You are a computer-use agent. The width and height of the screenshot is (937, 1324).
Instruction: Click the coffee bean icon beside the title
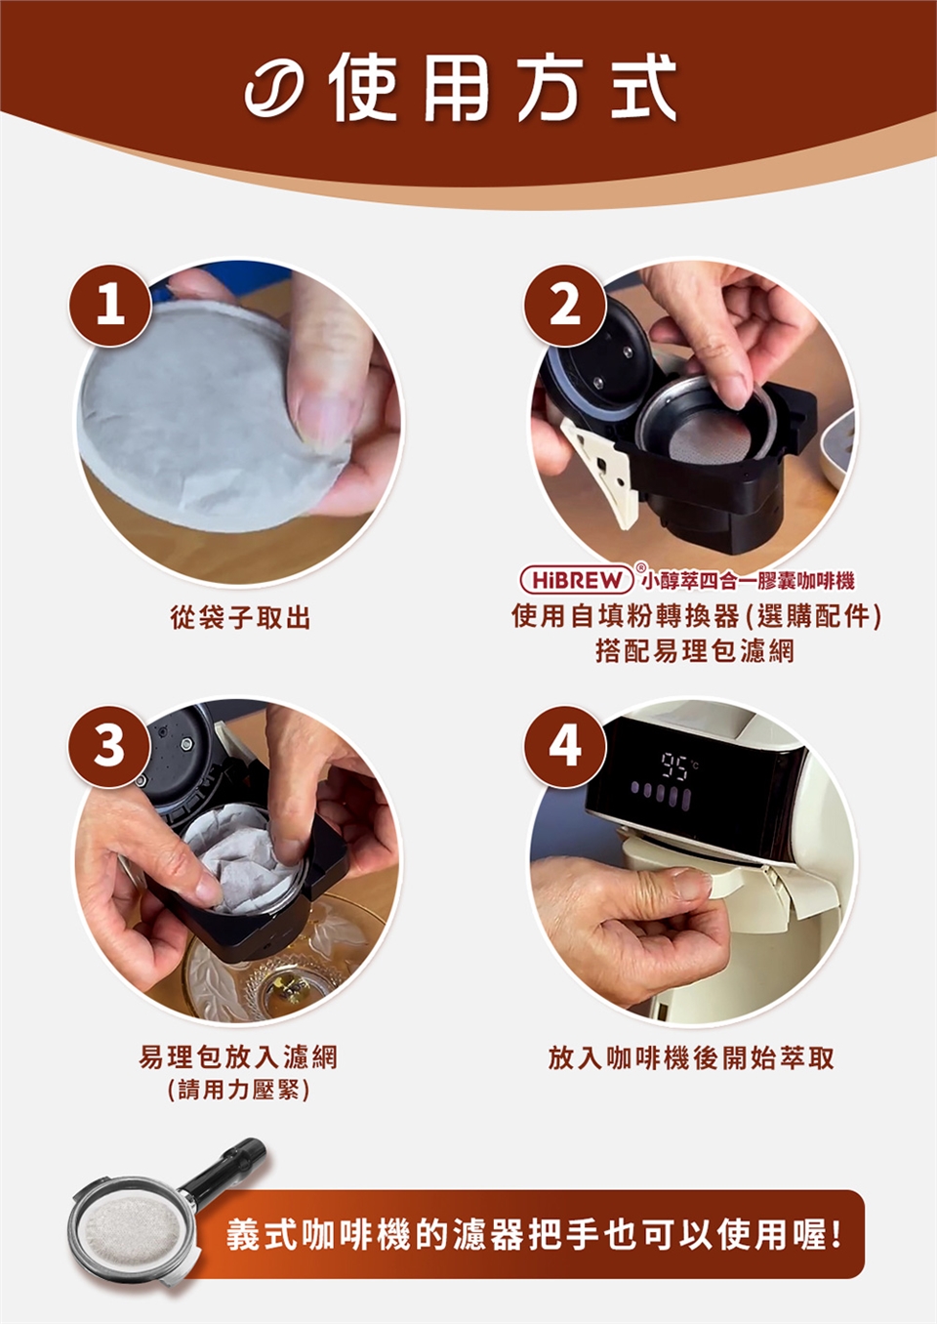[x=277, y=89]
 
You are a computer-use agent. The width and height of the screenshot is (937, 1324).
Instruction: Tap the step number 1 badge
[x=111, y=306]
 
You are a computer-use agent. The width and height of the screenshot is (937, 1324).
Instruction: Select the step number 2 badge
[x=565, y=306]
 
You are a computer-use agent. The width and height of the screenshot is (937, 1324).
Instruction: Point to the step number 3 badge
[x=111, y=746]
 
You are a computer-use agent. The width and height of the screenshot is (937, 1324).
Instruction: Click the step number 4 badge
[x=565, y=746]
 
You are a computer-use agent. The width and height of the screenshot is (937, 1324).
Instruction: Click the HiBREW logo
[x=577, y=581]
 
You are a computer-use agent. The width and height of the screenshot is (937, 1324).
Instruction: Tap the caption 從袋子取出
[x=240, y=619]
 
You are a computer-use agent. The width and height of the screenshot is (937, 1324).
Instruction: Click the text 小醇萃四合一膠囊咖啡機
[x=748, y=582]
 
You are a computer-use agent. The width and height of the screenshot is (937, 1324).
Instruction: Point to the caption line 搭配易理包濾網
[x=695, y=651]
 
